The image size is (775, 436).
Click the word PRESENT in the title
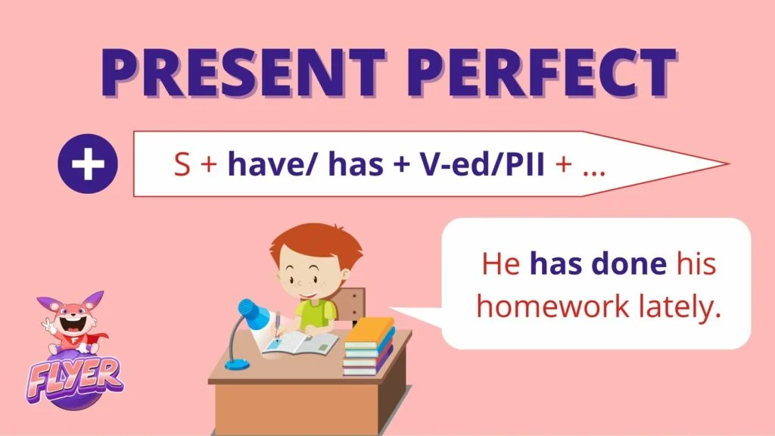pos(243,72)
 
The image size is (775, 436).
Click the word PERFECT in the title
pos(542,72)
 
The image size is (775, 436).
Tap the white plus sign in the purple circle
pos(88,163)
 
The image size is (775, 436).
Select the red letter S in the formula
pos(182,164)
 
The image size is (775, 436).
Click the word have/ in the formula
pos(270,163)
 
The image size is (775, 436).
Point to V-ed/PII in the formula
pos(482,163)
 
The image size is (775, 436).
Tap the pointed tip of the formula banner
pos(729,163)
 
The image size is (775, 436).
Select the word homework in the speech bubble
pos(552,307)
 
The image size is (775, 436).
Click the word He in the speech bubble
pos(501,264)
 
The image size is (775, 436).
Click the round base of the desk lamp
pos(237,365)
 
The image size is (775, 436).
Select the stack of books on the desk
pos(369,346)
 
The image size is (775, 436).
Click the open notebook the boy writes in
pos(300,343)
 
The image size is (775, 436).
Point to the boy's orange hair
pos(316,242)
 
